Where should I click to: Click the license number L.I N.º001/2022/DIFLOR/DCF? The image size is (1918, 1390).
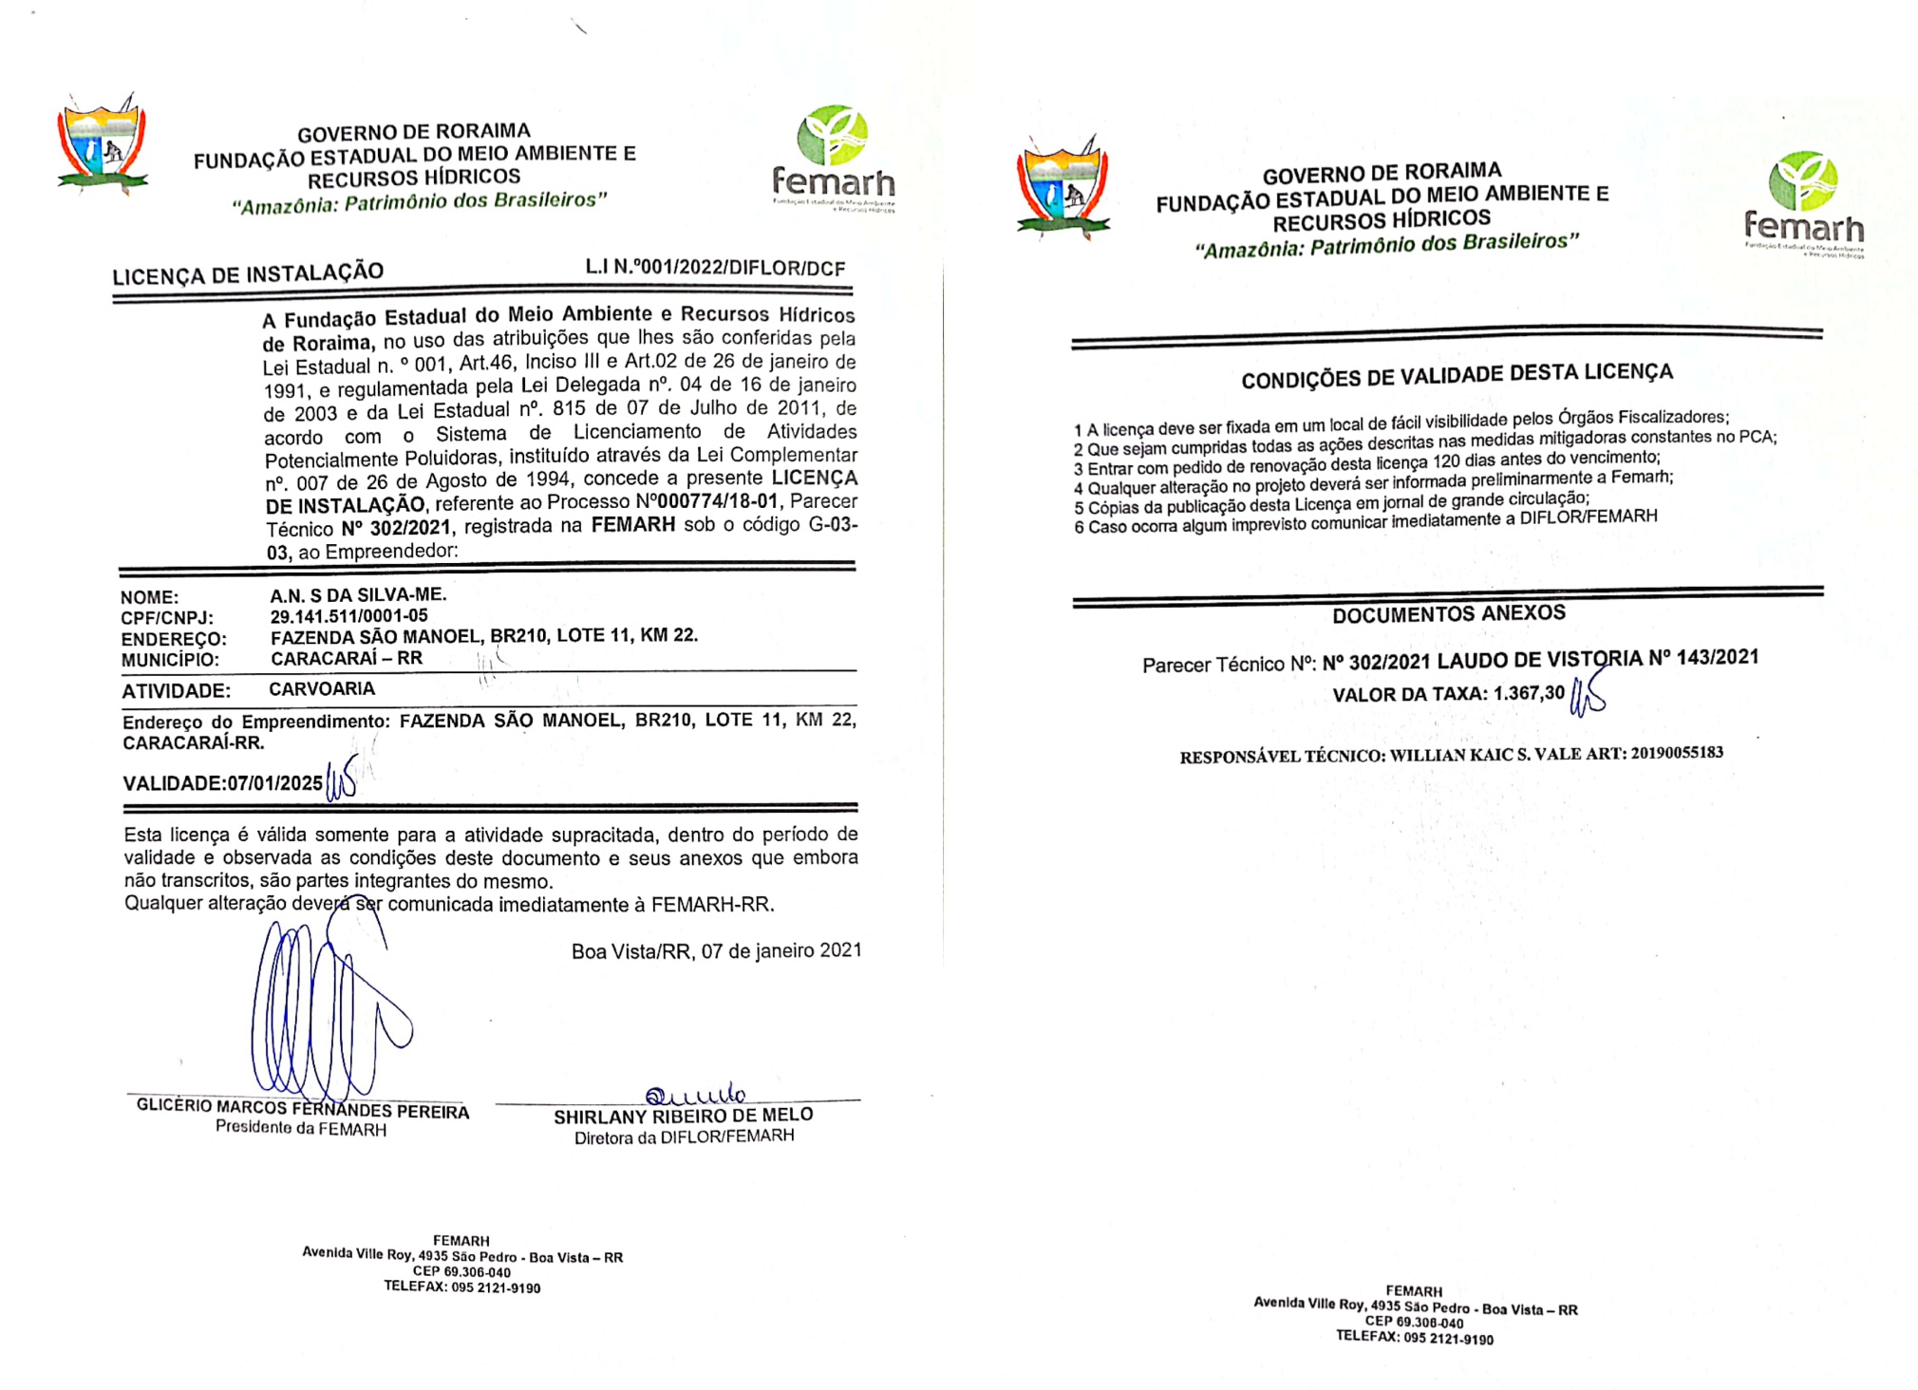click(x=715, y=268)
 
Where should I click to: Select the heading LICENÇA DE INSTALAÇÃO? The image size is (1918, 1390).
click(x=248, y=274)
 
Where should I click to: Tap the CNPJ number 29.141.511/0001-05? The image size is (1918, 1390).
click(x=348, y=616)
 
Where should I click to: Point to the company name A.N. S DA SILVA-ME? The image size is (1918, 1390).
click(x=358, y=595)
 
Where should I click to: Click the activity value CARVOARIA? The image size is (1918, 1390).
click(x=322, y=689)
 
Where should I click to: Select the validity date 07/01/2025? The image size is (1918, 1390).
click(x=275, y=783)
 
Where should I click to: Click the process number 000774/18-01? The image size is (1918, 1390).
click(x=718, y=501)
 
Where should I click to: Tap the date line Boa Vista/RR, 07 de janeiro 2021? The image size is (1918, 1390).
click(x=716, y=950)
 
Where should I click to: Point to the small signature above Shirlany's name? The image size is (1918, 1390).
click(x=695, y=1095)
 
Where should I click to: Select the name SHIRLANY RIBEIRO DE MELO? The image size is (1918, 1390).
click(x=683, y=1116)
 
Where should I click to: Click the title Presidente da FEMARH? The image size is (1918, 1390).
click(x=301, y=1129)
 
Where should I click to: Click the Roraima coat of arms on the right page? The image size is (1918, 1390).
click(x=1062, y=188)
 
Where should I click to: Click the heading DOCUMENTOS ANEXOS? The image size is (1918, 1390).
click(x=1448, y=614)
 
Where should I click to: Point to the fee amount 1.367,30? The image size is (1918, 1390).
click(x=1529, y=693)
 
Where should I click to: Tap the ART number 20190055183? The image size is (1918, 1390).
click(x=1677, y=753)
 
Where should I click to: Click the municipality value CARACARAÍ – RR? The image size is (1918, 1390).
click(x=347, y=658)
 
